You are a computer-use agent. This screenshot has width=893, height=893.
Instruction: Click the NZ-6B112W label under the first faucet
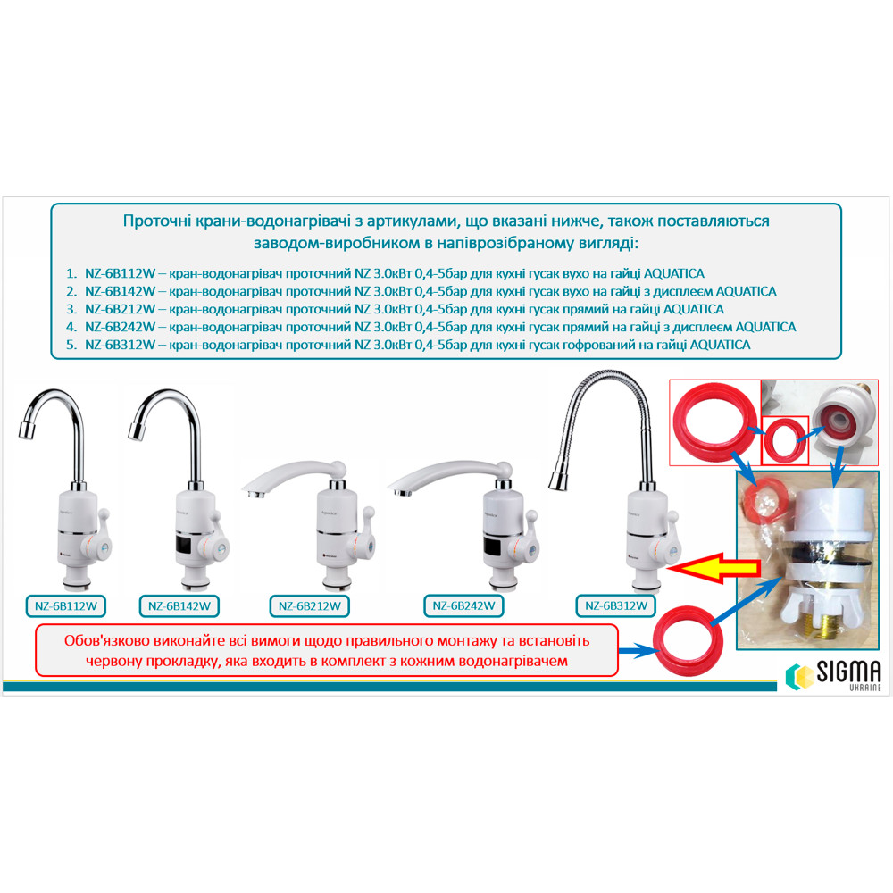66,606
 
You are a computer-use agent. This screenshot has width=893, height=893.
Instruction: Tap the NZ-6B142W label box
179,606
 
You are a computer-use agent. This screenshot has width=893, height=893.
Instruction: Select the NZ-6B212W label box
309,606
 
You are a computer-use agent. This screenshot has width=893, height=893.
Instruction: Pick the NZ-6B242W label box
463,605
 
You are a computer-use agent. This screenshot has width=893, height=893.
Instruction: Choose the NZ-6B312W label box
616,605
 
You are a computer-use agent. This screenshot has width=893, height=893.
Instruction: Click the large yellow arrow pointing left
713,568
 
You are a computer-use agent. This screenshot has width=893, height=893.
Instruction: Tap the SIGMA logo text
848,672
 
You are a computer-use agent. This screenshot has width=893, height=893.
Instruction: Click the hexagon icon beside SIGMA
798,676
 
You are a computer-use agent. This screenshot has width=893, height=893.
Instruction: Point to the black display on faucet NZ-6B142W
190,544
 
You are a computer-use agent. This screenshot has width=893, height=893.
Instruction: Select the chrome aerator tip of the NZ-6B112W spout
28,431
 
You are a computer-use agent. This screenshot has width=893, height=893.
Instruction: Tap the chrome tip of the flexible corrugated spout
556,480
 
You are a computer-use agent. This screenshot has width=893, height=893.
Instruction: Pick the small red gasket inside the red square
785,440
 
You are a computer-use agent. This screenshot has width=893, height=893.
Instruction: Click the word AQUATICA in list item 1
673,273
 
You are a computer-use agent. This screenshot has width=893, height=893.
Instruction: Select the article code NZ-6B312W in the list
121,345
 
